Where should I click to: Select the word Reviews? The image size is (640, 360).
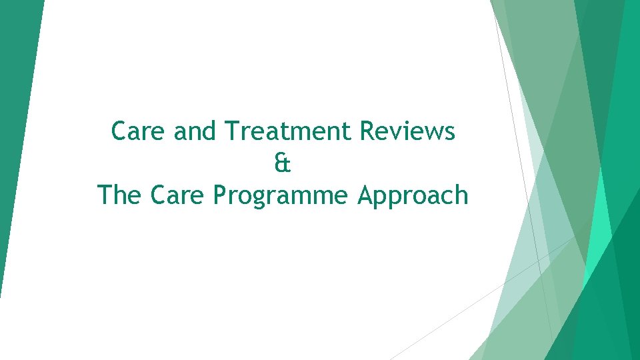point(407,131)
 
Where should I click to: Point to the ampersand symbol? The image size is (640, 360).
point(283,163)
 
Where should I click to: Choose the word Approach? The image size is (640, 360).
point(413,196)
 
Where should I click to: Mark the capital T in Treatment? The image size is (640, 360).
point(231,131)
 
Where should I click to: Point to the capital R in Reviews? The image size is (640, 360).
point(367,131)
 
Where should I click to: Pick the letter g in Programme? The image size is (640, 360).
point(265,199)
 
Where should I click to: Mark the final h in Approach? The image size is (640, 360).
point(461,195)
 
